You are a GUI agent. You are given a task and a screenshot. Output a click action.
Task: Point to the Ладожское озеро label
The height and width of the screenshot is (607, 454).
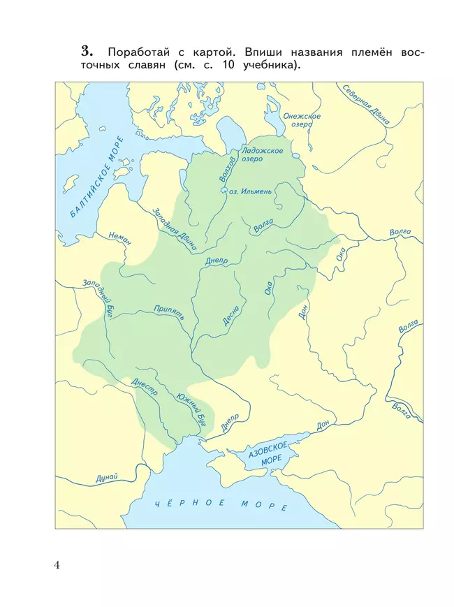(261, 154)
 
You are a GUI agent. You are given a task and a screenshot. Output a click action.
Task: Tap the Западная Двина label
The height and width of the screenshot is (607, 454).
(175, 229)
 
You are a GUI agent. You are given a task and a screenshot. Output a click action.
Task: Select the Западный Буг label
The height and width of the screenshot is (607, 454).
(98, 297)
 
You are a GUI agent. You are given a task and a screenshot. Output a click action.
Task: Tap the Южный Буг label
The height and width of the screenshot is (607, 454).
(193, 408)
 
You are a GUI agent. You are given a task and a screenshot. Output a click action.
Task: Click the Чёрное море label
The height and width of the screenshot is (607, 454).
(221, 504)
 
